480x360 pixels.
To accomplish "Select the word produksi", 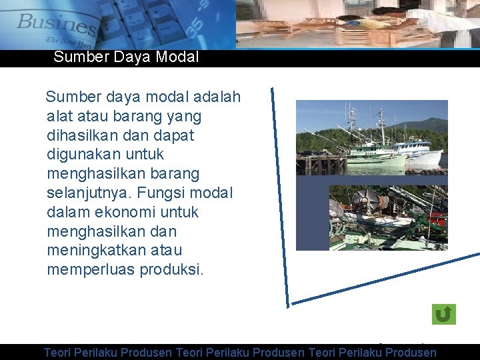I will [172, 270].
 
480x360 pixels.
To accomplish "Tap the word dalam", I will [67, 213].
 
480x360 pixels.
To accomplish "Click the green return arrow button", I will [443, 314].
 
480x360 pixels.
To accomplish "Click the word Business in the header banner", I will [57, 25].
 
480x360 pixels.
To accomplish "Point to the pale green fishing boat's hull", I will [377, 161].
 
